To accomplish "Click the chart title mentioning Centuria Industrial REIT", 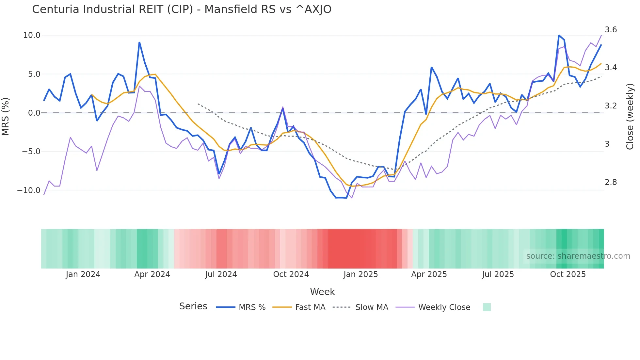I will tap(182, 9).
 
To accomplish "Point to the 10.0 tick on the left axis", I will tap(32, 35).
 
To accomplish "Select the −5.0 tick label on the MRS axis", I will tap(31, 152).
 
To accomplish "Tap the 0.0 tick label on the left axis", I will tap(34, 113).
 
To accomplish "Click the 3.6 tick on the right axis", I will tap(611, 30).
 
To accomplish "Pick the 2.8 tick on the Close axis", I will tap(611, 182).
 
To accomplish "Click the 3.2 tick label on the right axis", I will tap(611, 106).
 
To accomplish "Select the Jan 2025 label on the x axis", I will tap(360, 274).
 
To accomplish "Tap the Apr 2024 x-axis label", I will tap(152, 274).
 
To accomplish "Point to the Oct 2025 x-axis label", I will tap(568, 274).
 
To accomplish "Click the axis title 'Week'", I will tap(322, 292).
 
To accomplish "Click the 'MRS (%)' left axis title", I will tap(6, 116).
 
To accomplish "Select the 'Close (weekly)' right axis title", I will tap(630, 116).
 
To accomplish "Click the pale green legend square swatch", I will tap(487, 307).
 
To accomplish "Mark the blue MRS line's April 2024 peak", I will tap(139, 42).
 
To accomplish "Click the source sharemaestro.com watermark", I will tap(578, 256).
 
